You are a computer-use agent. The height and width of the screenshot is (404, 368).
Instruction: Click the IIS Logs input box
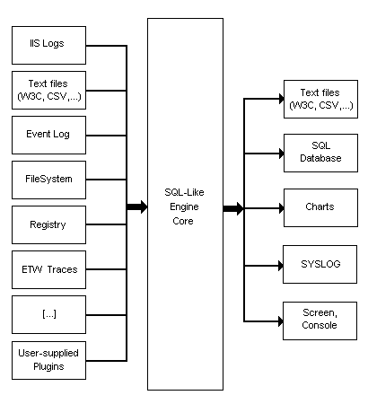coord(48,45)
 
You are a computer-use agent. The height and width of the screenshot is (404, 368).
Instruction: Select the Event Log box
coord(48,135)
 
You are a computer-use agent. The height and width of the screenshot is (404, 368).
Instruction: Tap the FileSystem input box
coord(48,180)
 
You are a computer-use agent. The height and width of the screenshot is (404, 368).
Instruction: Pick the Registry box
coord(48,224)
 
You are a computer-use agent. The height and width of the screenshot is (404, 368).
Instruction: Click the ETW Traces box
coord(48,269)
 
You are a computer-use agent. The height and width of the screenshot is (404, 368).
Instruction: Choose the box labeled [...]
coord(48,314)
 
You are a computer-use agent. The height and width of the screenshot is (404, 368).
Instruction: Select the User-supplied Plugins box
coord(48,360)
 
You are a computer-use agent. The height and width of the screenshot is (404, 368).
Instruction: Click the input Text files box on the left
coord(48,90)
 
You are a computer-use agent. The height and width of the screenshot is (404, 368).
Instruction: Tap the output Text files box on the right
coord(320,99)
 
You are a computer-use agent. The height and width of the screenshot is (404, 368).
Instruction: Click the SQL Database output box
coord(320,153)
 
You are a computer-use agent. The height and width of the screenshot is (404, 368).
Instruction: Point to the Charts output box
coord(320,207)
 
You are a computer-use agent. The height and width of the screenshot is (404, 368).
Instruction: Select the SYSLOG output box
coord(320,264)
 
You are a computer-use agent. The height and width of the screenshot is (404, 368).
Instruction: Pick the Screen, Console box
coord(320,321)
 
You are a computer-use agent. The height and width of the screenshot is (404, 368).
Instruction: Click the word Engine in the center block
coord(184,207)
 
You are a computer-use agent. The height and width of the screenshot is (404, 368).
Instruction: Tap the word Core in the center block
coord(183,221)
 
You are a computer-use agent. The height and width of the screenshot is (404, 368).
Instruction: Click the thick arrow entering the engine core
coord(137,206)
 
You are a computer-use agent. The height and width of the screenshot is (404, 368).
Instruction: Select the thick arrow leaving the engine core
coord(233,208)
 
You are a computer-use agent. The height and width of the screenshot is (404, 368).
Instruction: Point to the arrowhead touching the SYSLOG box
coord(281,266)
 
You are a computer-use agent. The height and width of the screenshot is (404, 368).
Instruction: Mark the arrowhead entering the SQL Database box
coord(282,154)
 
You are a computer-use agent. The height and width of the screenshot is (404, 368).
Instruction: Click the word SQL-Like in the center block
coord(184,192)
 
